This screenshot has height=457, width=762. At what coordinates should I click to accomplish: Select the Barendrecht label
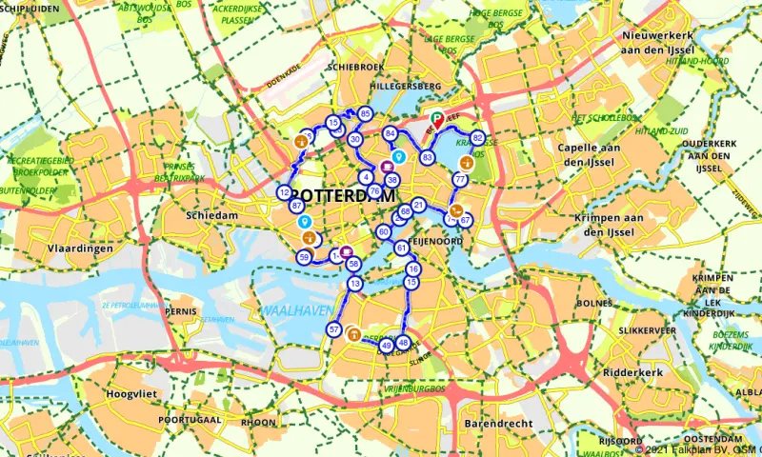tap(494, 421)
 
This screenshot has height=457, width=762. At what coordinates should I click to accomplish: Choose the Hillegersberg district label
tap(380, 85)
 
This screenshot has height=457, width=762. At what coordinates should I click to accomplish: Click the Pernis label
tap(180, 311)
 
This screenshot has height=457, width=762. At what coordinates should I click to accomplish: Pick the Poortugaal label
tap(190, 420)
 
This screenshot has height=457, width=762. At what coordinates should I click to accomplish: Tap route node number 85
tap(365, 114)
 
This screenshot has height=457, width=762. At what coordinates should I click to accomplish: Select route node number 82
tap(477, 137)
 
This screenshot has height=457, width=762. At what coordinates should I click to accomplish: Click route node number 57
tap(333, 329)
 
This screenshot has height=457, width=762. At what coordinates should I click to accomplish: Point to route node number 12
tap(284, 192)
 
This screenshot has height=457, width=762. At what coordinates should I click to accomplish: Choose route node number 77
tap(459, 179)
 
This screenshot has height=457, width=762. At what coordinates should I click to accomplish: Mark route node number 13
tap(355, 284)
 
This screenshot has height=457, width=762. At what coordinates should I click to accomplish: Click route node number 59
tap(304, 257)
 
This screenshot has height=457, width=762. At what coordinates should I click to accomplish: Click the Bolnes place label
tap(593, 303)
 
